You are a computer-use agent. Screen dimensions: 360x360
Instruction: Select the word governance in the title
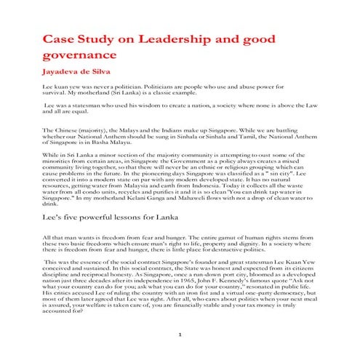click(81, 55)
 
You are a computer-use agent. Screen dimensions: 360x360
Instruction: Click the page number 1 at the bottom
click(180, 333)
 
